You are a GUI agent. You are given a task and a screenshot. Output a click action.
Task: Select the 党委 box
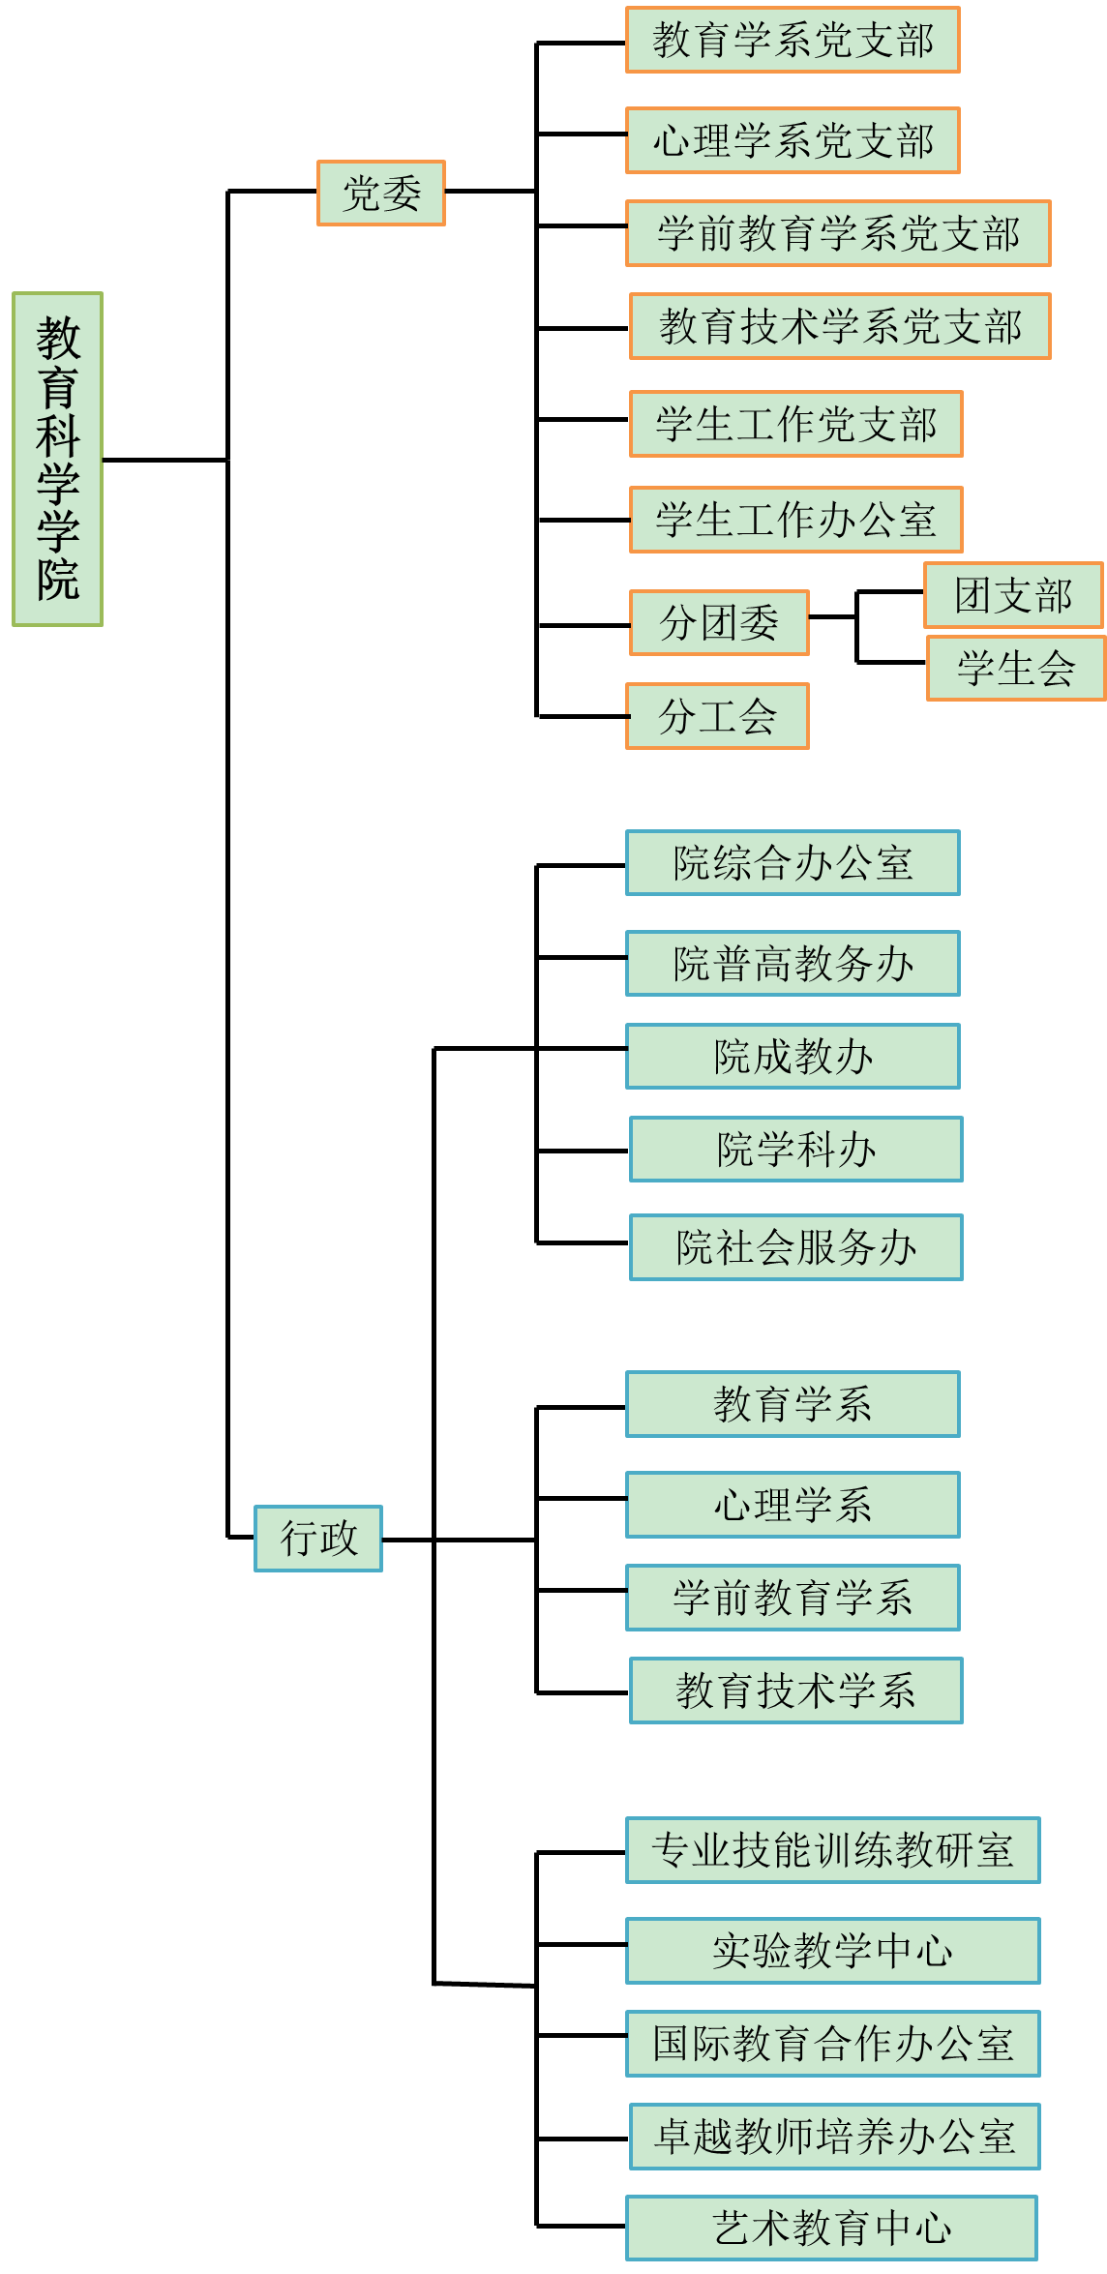point(381,194)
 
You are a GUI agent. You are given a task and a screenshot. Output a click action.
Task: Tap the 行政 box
point(318,1539)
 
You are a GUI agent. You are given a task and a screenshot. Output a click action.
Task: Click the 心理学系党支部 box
point(793,140)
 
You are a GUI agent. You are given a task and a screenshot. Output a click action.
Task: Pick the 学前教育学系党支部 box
point(838,233)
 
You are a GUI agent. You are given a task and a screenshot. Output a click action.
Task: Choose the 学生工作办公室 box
point(795,520)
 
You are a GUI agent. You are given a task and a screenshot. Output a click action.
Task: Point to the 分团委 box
point(719,622)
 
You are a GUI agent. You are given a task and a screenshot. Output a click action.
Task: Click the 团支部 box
point(1013,595)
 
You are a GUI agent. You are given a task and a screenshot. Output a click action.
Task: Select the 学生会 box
point(1015,668)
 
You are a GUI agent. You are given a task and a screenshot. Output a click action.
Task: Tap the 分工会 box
point(717,716)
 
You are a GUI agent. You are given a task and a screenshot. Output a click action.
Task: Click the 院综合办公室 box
point(793,862)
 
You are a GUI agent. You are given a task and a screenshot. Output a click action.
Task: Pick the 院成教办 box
point(793,1056)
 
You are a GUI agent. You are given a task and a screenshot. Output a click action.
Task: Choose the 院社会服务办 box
point(795,1247)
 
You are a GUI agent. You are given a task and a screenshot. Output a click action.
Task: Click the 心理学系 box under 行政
point(793,1505)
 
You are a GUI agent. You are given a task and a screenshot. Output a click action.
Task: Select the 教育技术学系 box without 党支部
point(795,1691)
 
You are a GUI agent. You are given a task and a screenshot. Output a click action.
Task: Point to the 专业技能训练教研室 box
point(832,1850)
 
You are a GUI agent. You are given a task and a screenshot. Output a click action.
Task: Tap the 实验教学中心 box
point(832,1951)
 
